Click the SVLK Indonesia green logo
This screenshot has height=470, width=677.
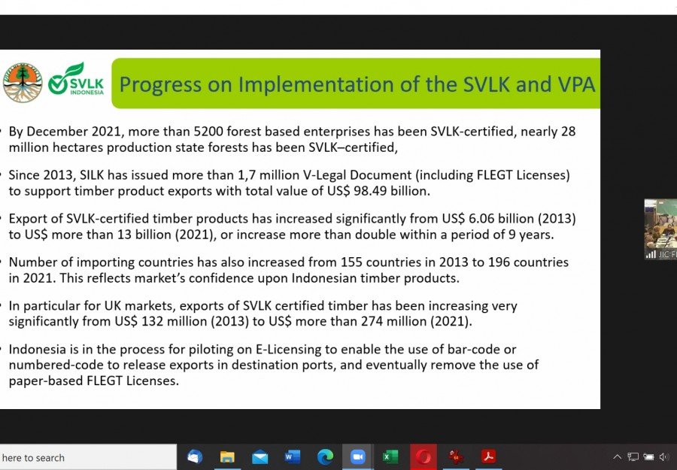point(76,80)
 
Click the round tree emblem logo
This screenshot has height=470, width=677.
point(23,83)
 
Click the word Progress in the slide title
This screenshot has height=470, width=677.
point(160,85)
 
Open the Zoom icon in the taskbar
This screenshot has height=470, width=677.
point(357,456)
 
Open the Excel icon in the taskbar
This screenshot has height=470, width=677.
point(390,456)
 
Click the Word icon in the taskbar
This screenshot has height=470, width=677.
point(293,456)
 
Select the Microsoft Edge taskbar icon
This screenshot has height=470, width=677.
point(325,456)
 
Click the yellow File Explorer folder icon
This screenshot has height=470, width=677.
point(227,457)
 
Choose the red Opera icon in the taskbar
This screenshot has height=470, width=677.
point(423,456)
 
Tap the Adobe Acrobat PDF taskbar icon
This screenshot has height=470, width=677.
point(489,456)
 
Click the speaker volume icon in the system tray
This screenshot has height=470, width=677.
point(664,456)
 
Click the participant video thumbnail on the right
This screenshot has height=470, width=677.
point(660,229)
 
